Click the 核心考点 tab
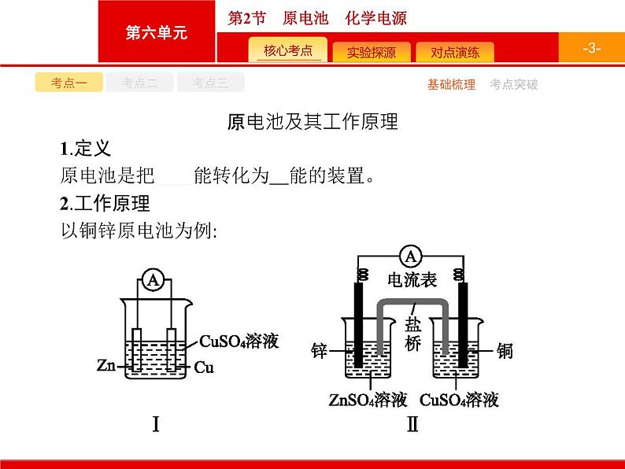tap(288, 52)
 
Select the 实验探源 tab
tap(371, 53)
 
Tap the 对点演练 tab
tap(454, 53)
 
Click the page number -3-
tap(592, 48)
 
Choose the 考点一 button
tap(68, 83)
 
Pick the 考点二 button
tap(139, 83)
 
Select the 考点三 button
tap(210, 83)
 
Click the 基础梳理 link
tap(451, 84)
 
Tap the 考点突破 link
tap(513, 84)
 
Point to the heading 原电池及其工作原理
tap(312, 122)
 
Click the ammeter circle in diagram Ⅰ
tap(154, 282)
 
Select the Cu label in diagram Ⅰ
tap(204, 367)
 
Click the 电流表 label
tap(411, 281)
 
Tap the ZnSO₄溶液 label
tap(368, 401)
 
